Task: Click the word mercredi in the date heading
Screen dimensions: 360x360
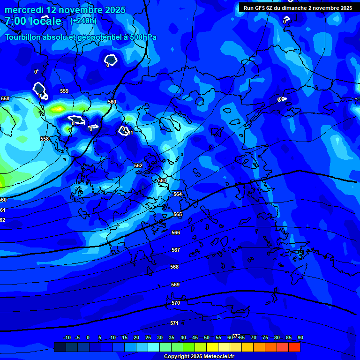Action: [23, 10]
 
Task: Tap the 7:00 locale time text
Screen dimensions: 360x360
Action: [33, 21]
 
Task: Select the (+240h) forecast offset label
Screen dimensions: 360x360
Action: [83, 21]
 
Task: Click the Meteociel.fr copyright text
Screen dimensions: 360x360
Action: [199, 356]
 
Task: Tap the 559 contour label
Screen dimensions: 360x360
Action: [64, 91]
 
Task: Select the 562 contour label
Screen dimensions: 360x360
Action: [138, 165]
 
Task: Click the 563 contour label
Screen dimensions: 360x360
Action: [162, 180]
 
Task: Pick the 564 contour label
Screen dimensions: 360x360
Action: [178, 194]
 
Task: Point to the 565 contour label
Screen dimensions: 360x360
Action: [178, 214]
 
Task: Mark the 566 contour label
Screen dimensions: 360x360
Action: [176, 232]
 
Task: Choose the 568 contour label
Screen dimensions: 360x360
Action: [174, 267]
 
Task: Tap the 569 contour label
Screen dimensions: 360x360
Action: [175, 285]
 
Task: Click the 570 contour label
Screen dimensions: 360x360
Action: [176, 303]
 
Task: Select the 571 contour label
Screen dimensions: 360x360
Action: [174, 323]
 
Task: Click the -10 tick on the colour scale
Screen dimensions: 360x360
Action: [67, 337]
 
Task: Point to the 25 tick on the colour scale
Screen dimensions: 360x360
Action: [148, 337]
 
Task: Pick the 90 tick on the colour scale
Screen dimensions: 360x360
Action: [300, 337]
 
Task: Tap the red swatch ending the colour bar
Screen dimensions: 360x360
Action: [294, 347]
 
